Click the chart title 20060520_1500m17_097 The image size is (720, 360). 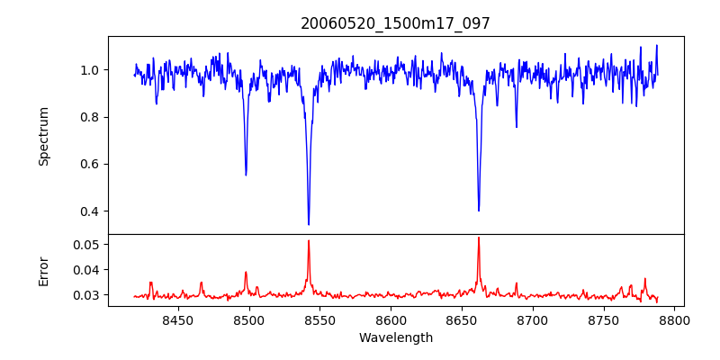395,23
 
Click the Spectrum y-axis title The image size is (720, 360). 44,136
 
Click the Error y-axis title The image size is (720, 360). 44,270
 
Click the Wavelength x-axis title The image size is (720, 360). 395,338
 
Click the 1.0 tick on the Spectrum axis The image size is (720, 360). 90,70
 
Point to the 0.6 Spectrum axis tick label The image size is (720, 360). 90,164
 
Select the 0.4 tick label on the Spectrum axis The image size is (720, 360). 90,211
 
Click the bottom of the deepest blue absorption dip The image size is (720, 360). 309,224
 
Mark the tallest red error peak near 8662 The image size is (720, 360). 479,238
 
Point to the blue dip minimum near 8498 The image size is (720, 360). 246,175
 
